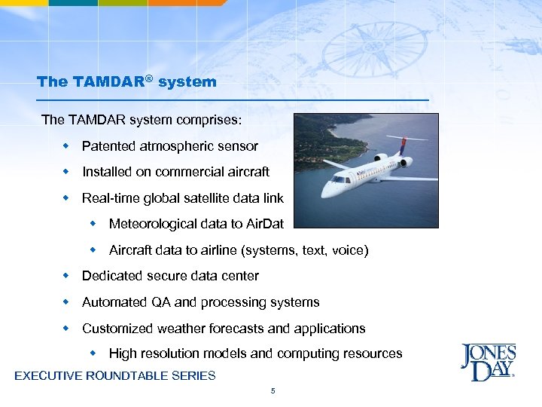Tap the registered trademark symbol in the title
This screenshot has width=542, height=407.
tap(150, 78)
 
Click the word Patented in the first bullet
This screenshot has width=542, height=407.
tap(107, 146)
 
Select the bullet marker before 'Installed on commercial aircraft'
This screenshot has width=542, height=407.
tap(65, 172)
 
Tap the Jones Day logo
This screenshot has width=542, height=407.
tap(488, 362)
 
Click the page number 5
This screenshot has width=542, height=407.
tap(272, 390)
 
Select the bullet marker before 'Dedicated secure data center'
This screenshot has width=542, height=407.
tap(65, 276)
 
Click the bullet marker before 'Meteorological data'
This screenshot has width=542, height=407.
tap(93, 224)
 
